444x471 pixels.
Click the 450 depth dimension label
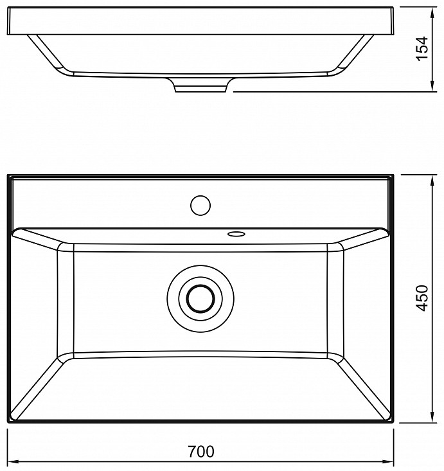click(422, 298)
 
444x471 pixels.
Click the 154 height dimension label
click(422, 48)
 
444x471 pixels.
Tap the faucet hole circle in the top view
click(200, 206)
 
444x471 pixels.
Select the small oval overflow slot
click(236, 234)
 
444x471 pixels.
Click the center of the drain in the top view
click(200, 299)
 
